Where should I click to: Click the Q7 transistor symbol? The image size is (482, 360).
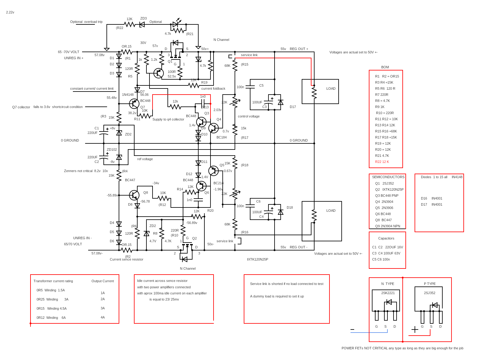[x=134, y=104]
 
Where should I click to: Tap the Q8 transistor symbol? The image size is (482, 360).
[x=134, y=195]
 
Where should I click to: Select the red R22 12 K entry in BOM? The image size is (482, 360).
[x=382, y=162]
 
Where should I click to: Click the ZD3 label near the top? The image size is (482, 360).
[x=143, y=19]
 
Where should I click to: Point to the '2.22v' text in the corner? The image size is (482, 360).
[x=10, y=13]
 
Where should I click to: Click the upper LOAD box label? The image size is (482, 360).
[x=331, y=89]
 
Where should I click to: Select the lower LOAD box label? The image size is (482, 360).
[x=331, y=211]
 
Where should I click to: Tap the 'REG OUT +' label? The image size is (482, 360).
[x=299, y=49]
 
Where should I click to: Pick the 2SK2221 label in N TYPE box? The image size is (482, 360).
[x=388, y=293]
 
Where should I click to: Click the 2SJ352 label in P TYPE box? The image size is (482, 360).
[x=430, y=293]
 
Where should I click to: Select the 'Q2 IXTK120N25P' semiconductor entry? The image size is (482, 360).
[x=389, y=189]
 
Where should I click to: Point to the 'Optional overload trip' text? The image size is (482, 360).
[x=86, y=22]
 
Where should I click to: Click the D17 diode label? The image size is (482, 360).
[x=293, y=107]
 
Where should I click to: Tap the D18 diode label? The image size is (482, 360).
[x=290, y=208]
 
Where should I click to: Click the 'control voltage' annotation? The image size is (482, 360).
[x=249, y=116]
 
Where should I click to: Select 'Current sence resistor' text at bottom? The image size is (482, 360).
[x=126, y=260]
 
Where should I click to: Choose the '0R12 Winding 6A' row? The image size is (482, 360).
[x=51, y=318]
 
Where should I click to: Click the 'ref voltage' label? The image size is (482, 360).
[x=145, y=159]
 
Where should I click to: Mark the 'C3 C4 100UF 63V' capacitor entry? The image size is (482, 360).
[x=386, y=254]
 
